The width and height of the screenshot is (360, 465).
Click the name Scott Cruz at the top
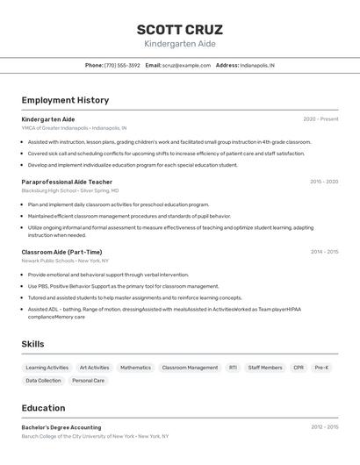pyautogui.click(x=180, y=29)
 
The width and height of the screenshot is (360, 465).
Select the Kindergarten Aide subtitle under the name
pyautogui.click(x=180, y=44)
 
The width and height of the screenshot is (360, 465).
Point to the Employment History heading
pyautogui.click(x=65, y=100)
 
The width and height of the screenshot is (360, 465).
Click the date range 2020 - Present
pyautogui.click(x=320, y=119)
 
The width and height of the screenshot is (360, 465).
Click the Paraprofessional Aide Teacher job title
pyautogui.click(x=67, y=182)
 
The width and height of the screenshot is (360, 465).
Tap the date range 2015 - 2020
pyautogui.click(x=324, y=182)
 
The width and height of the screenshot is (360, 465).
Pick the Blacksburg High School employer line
pyautogui.click(x=69, y=190)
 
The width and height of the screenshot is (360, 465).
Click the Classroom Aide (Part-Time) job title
pyautogui.click(x=61, y=252)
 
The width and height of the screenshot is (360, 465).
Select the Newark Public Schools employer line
pyautogui.click(x=65, y=261)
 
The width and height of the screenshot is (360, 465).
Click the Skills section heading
pyautogui.click(x=32, y=344)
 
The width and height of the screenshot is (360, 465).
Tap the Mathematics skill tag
pyautogui.click(x=135, y=368)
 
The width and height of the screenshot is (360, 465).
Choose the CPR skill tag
pyautogui.click(x=299, y=368)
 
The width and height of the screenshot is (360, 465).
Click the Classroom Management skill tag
pyautogui.click(x=190, y=368)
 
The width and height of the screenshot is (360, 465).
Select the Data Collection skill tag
pyautogui.click(x=43, y=381)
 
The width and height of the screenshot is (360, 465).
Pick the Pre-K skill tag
pyautogui.click(x=321, y=368)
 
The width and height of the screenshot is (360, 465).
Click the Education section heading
pyautogui.click(x=43, y=408)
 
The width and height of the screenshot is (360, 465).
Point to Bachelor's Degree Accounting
pyautogui.click(x=61, y=427)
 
